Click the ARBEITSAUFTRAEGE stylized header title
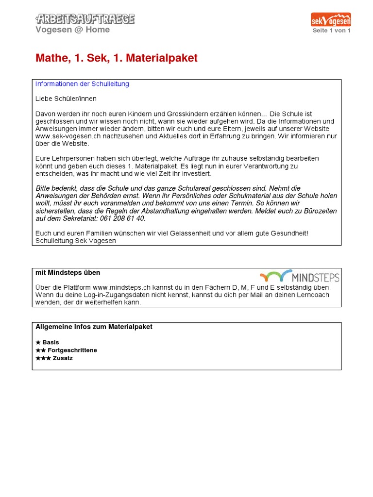point(85,19)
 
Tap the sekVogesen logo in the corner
point(331,19)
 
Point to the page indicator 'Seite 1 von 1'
point(332,30)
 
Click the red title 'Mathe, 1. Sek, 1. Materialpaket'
point(117,58)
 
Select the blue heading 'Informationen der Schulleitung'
point(82,84)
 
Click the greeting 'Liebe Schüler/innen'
point(66,99)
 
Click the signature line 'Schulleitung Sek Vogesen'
point(76,241)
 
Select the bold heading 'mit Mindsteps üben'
point(68,273)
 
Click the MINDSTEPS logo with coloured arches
point(300,276)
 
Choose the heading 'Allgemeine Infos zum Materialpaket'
point(94,327)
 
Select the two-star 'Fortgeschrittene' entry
point(66,350)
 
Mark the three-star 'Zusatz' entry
point(54,358)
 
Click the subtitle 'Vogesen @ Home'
point(72,30)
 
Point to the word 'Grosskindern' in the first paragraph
point(173,113)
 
